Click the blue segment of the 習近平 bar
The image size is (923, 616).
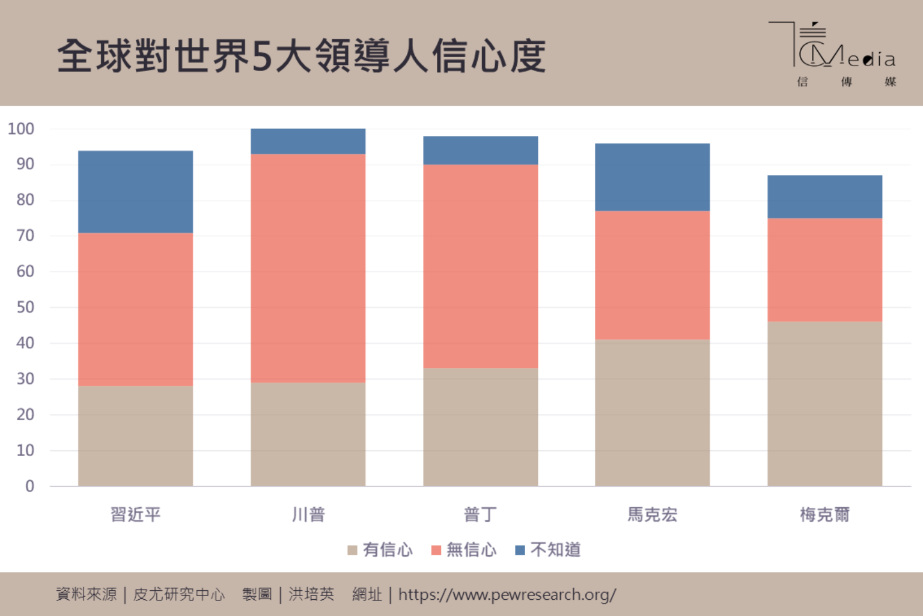135,192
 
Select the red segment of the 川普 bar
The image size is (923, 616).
308,268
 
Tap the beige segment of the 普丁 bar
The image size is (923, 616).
480,427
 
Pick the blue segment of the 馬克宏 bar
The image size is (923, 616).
652,177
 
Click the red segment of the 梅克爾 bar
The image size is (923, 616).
824,270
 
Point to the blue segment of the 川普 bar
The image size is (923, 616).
308,141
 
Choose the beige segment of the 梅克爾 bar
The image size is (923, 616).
824,404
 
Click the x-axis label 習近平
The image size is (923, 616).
136,514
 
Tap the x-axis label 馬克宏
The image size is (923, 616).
652,514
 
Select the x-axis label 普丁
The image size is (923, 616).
480,514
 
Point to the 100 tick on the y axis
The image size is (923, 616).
21,129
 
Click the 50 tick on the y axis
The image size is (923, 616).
25,307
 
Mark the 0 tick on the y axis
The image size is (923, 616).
29,486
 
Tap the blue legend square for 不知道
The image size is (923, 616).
520,550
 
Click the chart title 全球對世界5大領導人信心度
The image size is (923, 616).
302,56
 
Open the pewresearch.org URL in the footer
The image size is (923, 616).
507,594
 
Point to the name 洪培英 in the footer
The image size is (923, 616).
311,594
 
